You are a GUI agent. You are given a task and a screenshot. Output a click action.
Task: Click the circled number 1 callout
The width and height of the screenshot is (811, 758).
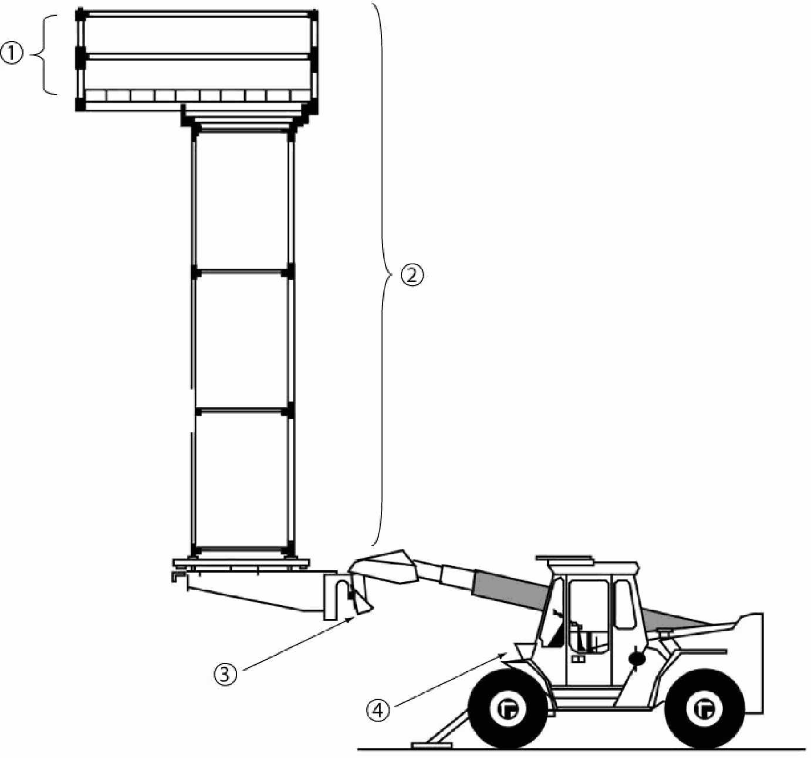[x=12, y=55]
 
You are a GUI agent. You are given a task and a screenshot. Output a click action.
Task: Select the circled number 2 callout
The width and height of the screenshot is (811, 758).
[x=412, y=276]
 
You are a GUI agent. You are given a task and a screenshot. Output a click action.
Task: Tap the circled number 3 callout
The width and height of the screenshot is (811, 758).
[x=225, y=674]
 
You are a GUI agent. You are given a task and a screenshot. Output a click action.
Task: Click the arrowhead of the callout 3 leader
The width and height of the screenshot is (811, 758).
[x=350, y=619]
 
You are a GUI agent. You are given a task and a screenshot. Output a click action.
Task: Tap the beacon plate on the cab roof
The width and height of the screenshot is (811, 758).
[x=564, y=557]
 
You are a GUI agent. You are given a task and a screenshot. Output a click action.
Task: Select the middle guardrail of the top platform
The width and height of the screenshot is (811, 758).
[x=197, y=57]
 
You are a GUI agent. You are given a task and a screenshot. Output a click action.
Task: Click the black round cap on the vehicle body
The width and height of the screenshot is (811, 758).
[x=636, y=658]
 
